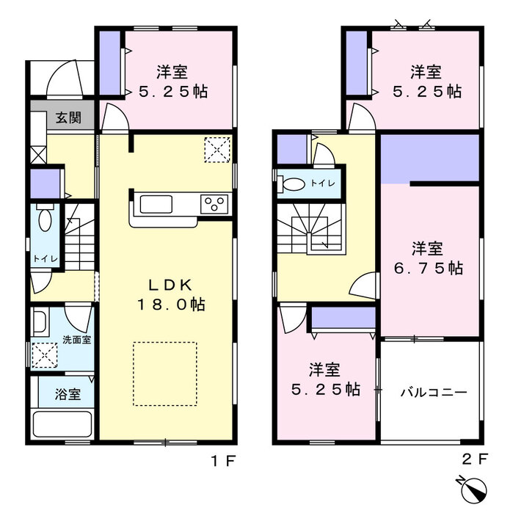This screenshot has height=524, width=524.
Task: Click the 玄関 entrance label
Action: click(x=68, y=117)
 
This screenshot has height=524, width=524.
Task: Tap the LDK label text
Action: click(x=170, y=285)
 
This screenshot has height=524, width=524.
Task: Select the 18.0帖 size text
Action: click(x=171, y=305)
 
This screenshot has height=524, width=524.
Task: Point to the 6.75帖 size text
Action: click(x=429, y=268)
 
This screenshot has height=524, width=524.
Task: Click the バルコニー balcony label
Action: click(x=434, y=392)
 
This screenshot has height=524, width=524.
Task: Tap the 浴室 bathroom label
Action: click(x=68, y=394)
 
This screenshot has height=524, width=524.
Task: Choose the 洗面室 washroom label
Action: click(x=77, y=340)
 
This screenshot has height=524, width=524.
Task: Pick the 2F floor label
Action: click(x=475, y=459)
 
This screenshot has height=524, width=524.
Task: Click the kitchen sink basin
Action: click(x=156, y=204)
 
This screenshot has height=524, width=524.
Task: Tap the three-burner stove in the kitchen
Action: click(x=214, y=204)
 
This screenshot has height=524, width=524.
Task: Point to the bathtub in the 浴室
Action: click(x=62, y=424)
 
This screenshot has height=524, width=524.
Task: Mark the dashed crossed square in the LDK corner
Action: click(x=217, y=150)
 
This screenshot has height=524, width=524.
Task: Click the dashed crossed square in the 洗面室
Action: click(x=45, y=355)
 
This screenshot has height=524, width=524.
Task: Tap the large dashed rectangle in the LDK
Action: click(x=165, y=374)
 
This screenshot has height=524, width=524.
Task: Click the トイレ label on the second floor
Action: click(x=323, y=183)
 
